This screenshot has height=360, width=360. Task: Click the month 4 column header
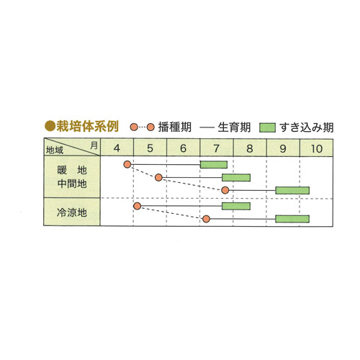click(x=117, y=148)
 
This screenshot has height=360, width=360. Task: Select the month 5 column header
click(x=150, y=148)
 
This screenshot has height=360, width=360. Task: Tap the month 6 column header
click(x=183, y=148)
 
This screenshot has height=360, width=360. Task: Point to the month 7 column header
click(x=216, y=148)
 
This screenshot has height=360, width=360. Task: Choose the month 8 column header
click(x=250, y=148)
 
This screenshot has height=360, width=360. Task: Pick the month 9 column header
click(x=283, y=148)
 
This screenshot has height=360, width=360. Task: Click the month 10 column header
click(x=316, y=148)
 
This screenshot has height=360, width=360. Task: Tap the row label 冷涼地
click(x=72, y=212)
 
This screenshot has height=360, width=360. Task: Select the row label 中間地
click(x=72, y=184)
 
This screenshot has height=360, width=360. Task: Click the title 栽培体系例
click(x=87, y=126)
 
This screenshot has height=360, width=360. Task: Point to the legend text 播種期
click(x=175, y=127)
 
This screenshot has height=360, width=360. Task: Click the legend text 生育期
click(x=234, y=127)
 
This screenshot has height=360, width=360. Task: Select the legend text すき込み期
click(x=307, y=127)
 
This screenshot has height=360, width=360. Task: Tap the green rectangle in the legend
click(x=267, y=127)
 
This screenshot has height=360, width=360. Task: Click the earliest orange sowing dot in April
click(x=127, y=164)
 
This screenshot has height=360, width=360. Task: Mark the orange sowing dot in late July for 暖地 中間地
click(x=225, y=190)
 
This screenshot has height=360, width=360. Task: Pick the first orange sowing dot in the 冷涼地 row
click(x=137, y=206)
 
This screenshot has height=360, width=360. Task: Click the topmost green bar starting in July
click(x=214, y=165)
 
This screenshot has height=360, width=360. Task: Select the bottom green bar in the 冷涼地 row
click(x=292, y=219)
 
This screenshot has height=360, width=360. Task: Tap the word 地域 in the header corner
click(x=55, y=150)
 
